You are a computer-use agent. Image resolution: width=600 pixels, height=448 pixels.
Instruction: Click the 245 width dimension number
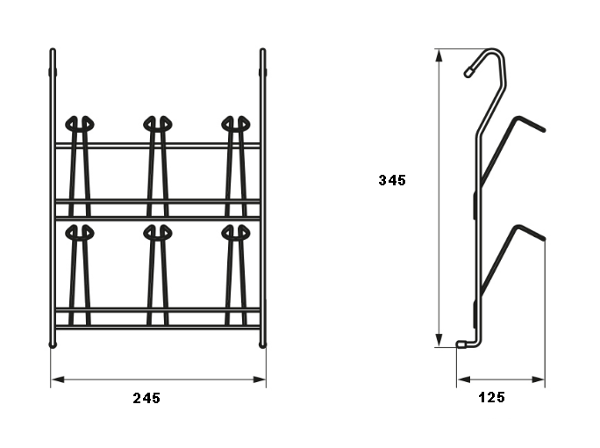click(x=146, y=398)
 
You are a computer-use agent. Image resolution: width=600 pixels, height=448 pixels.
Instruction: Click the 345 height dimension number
click(x=392, y=180)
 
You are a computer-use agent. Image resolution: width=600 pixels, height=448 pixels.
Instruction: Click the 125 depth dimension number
click(x=492, y=397)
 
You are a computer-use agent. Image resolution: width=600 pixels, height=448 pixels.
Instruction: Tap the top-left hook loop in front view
click(x=80, y=124)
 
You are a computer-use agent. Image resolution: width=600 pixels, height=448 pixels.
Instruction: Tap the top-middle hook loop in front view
click(x=158, y=124)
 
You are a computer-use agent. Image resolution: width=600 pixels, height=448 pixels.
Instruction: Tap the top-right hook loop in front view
click(x=236, y=124)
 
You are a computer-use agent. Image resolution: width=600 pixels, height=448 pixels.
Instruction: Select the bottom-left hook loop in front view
click(x=80, y=232)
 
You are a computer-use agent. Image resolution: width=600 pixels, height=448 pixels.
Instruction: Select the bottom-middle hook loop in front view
click(x=158, y=232)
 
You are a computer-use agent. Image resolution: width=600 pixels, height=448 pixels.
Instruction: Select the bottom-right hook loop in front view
click(x=236, y=232)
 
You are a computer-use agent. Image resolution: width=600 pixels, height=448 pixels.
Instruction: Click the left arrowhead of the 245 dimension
click(x=57, y=379)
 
